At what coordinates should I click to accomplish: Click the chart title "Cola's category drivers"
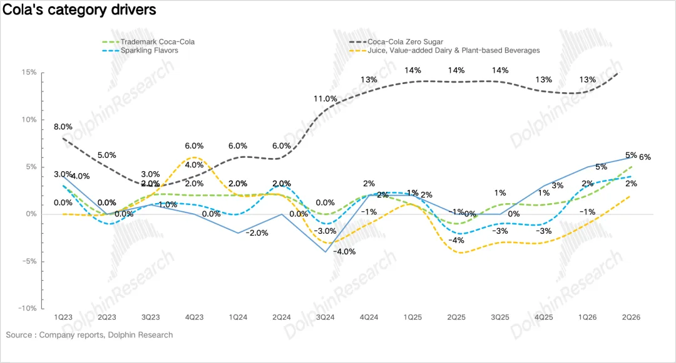(79, 9)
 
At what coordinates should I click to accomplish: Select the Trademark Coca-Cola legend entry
(148, 42)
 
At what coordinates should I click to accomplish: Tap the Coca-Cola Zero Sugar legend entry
(396, 42)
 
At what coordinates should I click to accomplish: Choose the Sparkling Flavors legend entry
(140, 51)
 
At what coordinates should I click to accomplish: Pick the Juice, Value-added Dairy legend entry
(444, 51)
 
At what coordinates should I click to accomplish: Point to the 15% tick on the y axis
(29, 73)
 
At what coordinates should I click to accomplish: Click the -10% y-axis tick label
(27, 308)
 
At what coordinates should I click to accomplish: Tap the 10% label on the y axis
(29, 120)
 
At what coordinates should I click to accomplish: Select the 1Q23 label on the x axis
(63, 317)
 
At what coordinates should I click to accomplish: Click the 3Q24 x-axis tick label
(325, 317)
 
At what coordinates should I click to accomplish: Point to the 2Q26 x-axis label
(631, 317)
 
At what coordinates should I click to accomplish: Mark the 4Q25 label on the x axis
(544, 317)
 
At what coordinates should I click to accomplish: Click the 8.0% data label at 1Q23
(63, 127)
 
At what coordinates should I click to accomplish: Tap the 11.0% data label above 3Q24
(325, 99)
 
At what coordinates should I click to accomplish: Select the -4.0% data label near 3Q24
(345, 251)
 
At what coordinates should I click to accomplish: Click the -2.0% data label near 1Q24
(257, 233)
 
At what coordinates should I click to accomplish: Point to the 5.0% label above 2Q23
(106, 155)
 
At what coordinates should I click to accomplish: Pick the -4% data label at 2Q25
(456, 240)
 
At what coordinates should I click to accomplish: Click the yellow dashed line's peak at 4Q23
(195, 157)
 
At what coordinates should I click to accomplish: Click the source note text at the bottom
(90, 335)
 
